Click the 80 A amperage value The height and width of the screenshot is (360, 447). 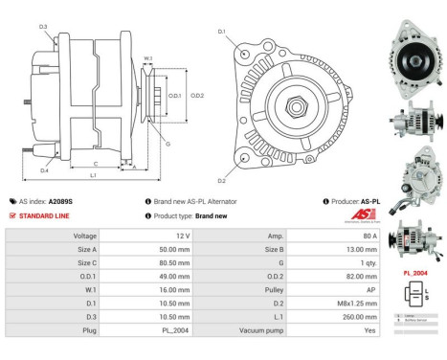tap(369, 235)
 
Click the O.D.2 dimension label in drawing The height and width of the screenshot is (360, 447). tap(197, 96)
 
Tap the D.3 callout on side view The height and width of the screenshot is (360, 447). tap(43, 27)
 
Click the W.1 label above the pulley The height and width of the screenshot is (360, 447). tap(147, 59)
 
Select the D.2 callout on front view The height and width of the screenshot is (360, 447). tap(221, 180)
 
